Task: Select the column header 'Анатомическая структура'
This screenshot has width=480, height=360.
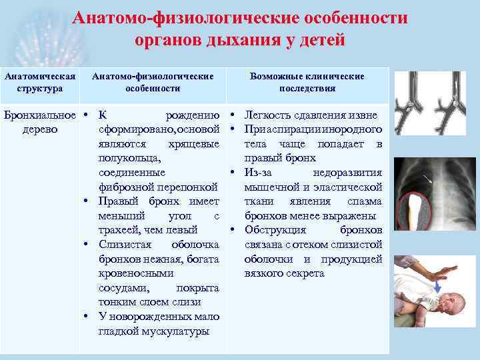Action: pos(41,82)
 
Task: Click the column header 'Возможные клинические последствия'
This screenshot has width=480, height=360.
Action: pos(307,82)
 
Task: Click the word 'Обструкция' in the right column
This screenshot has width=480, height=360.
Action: pos(275,230)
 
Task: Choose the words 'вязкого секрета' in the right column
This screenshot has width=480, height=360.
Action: pos(284,273)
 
